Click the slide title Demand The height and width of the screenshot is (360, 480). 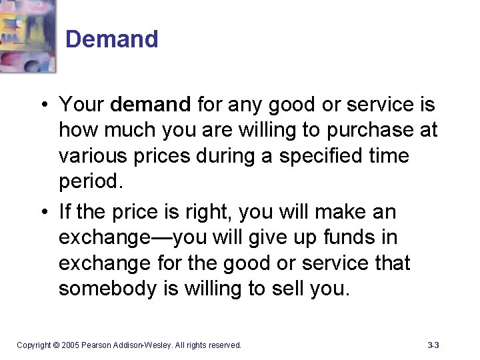pos(112,39)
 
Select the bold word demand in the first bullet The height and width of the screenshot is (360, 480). pos(151,105)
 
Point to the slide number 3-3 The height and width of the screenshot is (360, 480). pos(433,345)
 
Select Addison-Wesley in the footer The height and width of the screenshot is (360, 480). pos(145,345)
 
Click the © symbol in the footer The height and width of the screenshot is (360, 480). pos(56,345)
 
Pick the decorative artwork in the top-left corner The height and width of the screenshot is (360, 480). pos(27,35)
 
